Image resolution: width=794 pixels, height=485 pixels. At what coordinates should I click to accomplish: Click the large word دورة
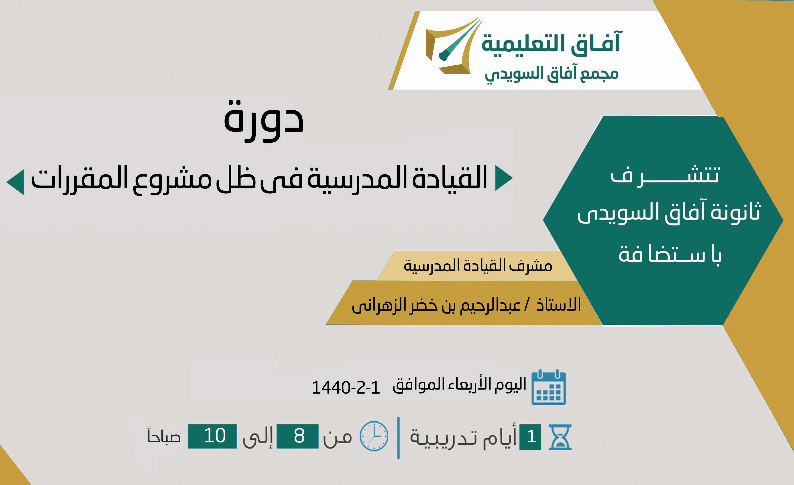[264, 120]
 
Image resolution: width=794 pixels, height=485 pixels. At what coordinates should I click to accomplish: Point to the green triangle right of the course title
[504, 178]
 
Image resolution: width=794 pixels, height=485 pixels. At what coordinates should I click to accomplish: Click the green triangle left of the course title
[15, 182]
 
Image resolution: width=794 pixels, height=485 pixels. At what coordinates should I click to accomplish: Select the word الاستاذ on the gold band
[558, 304]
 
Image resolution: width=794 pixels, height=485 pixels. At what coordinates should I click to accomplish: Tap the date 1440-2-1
[346, 388]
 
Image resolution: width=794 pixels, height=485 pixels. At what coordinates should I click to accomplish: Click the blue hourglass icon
[560, 437]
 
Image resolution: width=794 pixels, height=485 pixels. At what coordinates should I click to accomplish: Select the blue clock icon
[374, 436]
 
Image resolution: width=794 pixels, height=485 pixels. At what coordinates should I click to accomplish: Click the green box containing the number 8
[297, 436]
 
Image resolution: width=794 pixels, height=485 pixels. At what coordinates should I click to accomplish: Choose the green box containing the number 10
[212, 436]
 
